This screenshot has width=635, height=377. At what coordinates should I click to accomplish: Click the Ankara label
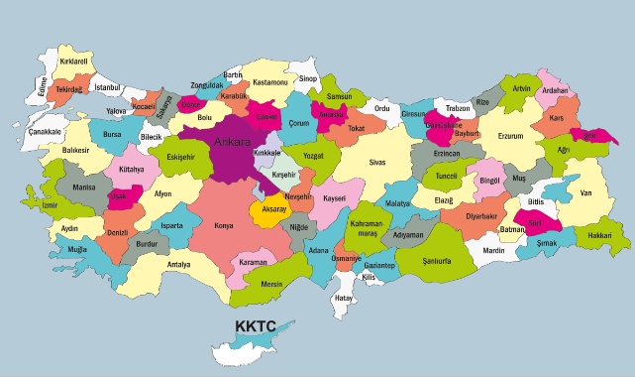pyautogui.click(x=234, y=142)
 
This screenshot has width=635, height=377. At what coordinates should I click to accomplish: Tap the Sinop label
pyautogui.click(x=307, y=78)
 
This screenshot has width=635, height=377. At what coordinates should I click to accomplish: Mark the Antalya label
pyautogui.click(x=178, y=265)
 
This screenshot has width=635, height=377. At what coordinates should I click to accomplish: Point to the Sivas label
pyautogui.click(x=376, y=160)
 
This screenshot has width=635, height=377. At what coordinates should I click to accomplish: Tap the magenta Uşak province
pyautogui.click(x=120, y=195)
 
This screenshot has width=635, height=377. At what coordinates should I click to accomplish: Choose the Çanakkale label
pyautogui.click(x=45, y=131)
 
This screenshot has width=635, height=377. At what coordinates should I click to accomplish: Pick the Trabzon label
pyautogui.click(x=457, y=108)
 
